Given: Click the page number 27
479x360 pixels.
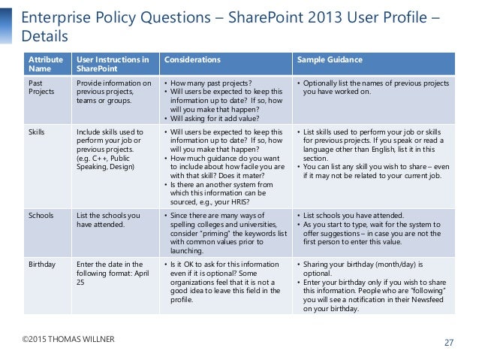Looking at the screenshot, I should tap(449, 343).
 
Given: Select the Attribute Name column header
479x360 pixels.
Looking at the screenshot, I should tap(41, 64).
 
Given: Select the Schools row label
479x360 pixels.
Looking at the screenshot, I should tap(40, 216).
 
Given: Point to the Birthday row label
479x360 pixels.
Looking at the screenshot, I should tap(41, 265).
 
